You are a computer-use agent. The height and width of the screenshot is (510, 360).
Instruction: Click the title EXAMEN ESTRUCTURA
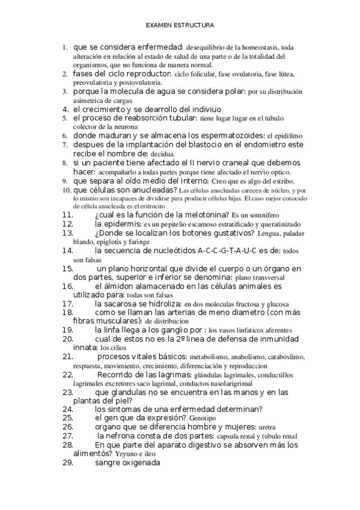(x=180, y=26)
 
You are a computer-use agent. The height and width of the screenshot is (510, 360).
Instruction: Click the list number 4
(x=65, y=109)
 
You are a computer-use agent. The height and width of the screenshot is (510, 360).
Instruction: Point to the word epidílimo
(x=285, y=137)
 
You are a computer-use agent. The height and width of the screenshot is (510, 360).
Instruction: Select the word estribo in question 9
(x=281, y=181)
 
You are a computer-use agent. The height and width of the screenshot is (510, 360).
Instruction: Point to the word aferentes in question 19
(x=275, y=331)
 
